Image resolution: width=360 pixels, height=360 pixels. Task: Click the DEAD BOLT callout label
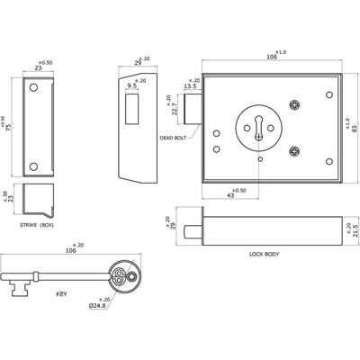click(173, 138)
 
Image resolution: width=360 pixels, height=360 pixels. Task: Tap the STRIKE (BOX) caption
click(37, 225)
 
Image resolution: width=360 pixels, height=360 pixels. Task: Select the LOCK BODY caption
click(264, 255)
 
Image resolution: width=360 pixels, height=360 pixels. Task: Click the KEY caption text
click(61, 294)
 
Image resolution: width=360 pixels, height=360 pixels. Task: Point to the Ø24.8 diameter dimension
click(97, 306)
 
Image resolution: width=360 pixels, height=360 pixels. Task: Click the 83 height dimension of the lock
click(355, 128)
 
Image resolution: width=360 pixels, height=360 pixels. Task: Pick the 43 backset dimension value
click(230, 195)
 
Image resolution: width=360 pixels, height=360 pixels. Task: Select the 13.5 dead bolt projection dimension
click(190, 86)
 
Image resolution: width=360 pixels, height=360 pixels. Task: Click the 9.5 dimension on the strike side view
click(132, 86)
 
